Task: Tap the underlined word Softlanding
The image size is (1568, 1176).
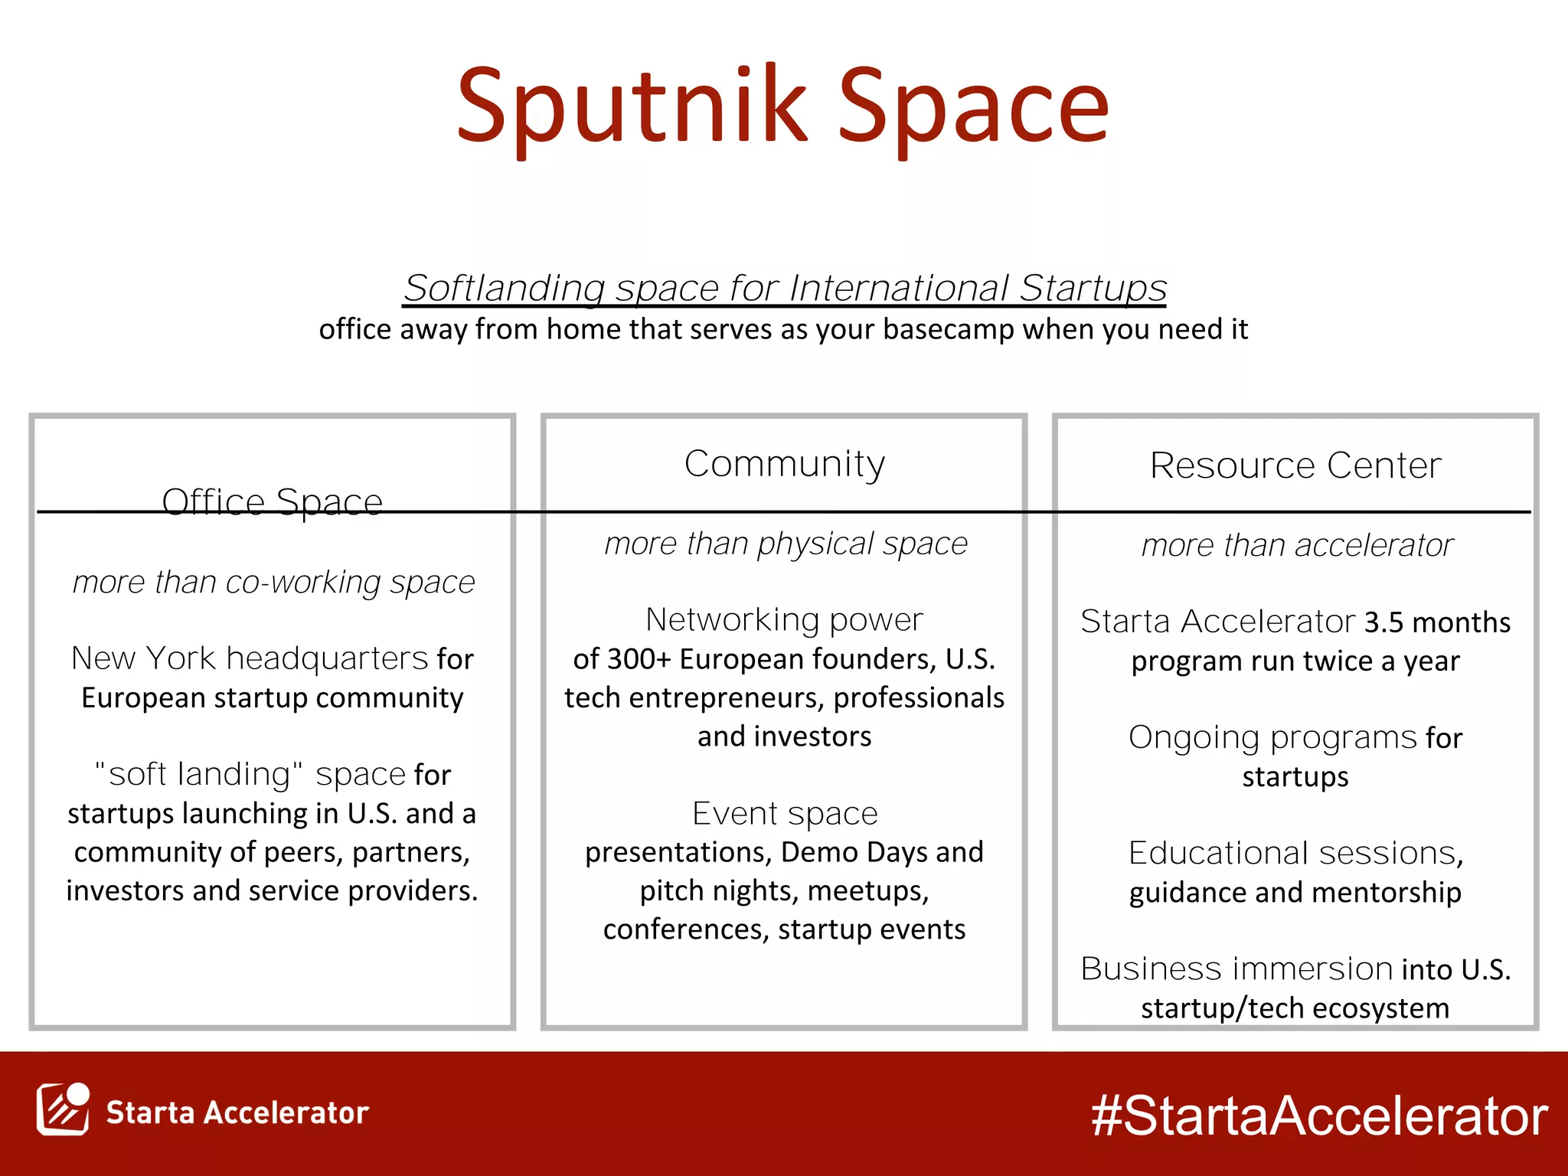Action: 505,289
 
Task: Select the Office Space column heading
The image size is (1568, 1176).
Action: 272,502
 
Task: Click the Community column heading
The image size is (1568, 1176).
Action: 785,464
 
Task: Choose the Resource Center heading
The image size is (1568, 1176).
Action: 1295,465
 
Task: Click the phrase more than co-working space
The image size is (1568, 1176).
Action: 273,583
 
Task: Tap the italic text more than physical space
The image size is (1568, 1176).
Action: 786,544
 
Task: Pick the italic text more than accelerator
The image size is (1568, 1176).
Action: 1297,546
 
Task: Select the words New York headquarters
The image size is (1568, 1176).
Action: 250,658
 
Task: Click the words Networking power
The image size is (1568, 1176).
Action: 784,619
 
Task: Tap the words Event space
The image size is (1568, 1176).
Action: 785,813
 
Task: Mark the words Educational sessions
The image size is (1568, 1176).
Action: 1295,853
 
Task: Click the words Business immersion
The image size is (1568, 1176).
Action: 1236,969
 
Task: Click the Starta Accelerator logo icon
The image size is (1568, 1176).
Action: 63,1110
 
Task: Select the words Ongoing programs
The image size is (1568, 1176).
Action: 1272,737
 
